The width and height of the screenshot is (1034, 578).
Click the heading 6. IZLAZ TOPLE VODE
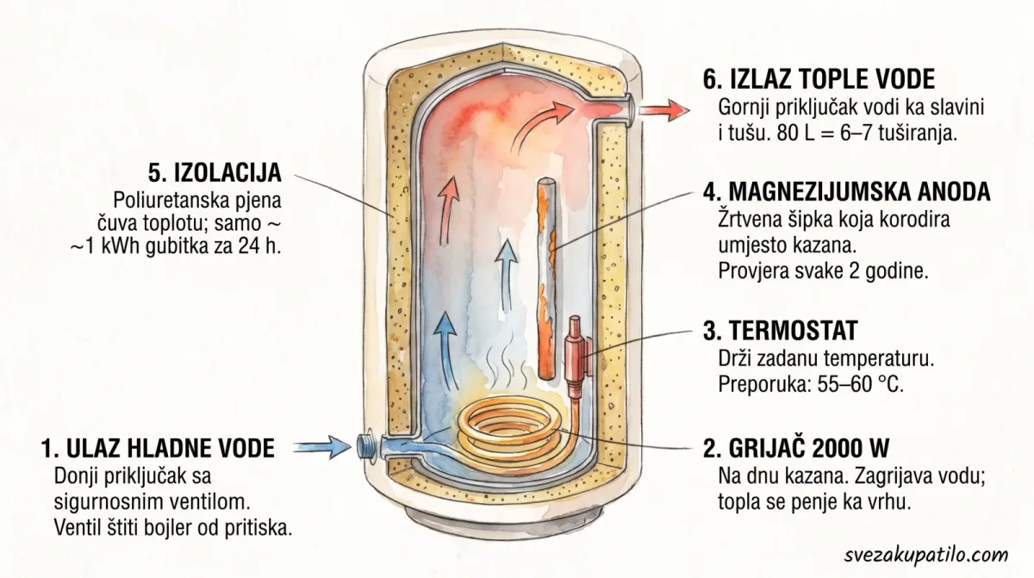819,79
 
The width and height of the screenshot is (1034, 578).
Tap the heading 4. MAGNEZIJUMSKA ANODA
846,191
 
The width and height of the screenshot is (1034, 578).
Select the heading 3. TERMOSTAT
780,330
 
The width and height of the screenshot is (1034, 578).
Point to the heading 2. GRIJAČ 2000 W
796,447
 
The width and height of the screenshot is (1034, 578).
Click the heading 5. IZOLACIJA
215,172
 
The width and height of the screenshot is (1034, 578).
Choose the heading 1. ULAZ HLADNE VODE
158,448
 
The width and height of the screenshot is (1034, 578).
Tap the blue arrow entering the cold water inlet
321,446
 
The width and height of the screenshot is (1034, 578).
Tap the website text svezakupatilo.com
926,554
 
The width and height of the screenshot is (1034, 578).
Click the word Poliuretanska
168,200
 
